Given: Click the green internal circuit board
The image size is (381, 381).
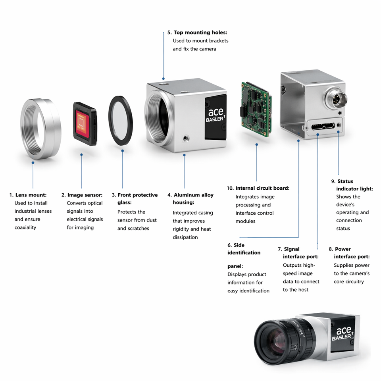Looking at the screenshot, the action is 256,110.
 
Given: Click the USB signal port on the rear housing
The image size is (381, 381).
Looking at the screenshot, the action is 323,126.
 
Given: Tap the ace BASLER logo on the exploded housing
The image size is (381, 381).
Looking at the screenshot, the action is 216,115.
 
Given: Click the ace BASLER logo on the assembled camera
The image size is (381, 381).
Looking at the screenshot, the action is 343,333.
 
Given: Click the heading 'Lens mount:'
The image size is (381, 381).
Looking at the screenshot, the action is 31,195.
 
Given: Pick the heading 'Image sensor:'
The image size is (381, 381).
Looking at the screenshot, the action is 85,195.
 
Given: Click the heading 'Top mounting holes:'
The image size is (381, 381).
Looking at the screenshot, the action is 200,33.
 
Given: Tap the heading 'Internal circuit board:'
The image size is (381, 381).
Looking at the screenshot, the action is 262,188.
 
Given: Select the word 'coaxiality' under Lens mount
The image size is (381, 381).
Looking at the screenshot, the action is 25,227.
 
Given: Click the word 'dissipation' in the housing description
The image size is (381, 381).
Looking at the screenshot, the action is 185,237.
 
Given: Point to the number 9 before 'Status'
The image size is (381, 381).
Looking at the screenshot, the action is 333,181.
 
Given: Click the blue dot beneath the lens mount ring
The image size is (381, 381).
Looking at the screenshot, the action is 33,163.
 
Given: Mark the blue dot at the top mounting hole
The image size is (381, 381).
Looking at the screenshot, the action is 163,79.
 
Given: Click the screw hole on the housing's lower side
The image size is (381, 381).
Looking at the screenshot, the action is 186,138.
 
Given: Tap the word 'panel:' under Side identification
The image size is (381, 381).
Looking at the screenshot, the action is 235,266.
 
